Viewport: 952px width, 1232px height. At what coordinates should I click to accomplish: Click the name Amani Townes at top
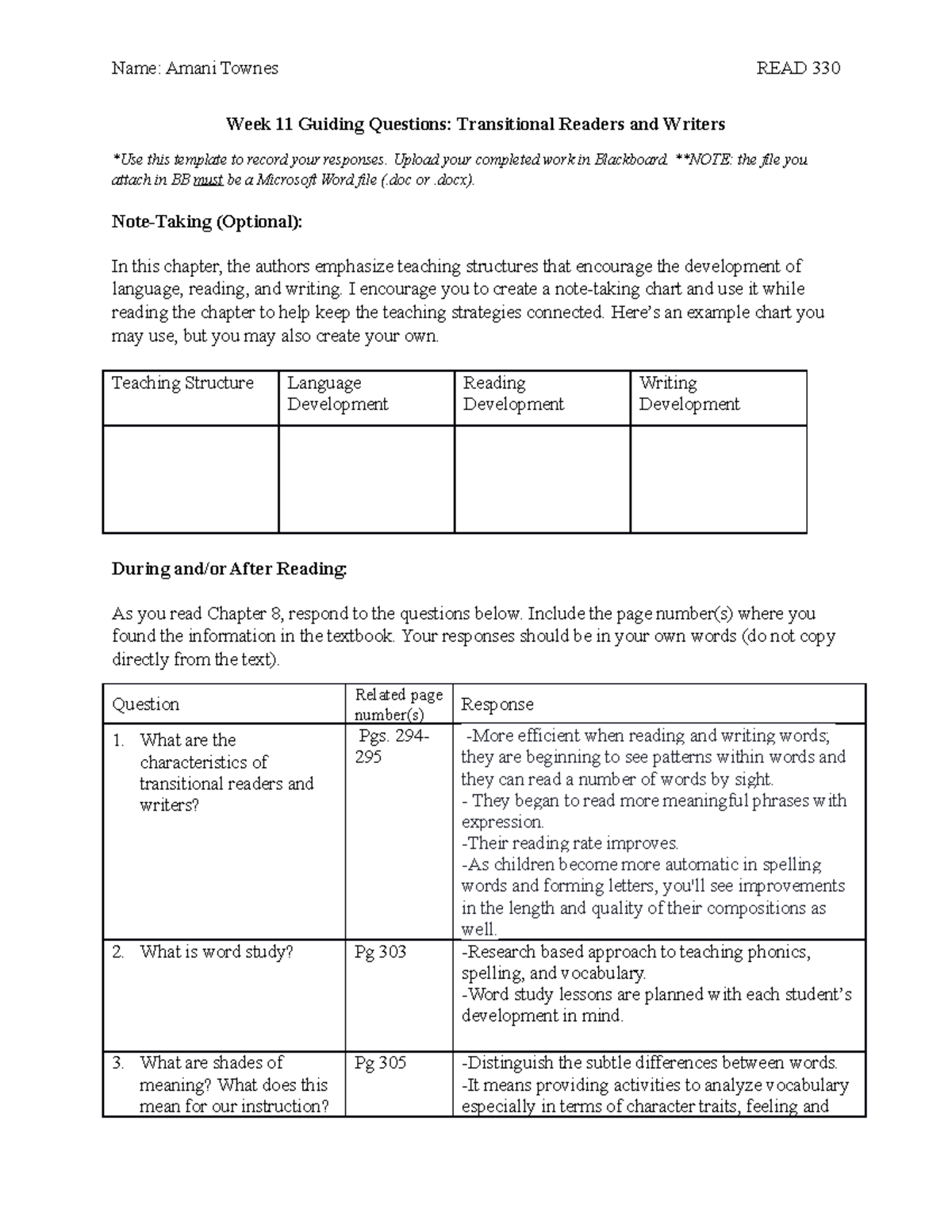pos(221,68)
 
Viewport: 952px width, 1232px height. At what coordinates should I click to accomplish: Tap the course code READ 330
pos(798,68)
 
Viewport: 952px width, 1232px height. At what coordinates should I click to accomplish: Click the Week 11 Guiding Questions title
pos(475,125)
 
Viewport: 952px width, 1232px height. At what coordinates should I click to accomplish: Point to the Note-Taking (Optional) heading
pos(207,222)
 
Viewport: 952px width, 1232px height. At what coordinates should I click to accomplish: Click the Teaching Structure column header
pos(183,384)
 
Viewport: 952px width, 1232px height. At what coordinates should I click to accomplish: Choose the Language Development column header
pos(337,393)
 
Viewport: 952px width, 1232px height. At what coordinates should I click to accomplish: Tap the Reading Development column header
pos(513,393)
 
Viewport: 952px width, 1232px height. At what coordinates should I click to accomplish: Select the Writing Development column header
pos(689,393)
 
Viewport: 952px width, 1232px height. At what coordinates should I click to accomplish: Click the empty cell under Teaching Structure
pos(190,478)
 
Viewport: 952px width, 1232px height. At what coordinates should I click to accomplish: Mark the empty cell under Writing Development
pos(718,478)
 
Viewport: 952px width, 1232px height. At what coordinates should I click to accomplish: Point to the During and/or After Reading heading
pos(229,569)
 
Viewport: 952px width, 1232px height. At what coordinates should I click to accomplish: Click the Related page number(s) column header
pos(398,704)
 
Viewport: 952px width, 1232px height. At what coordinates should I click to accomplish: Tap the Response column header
pos(497,704)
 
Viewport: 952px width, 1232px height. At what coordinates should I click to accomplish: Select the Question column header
pos(146,704)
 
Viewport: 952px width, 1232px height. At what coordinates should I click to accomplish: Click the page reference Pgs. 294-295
pos(392,746)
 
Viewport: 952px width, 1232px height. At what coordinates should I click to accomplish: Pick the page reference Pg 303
pos(380,952)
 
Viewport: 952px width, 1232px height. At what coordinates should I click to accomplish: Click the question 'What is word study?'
pos(216,952)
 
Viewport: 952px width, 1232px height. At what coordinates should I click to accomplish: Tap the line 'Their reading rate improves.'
pos(570,843)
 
